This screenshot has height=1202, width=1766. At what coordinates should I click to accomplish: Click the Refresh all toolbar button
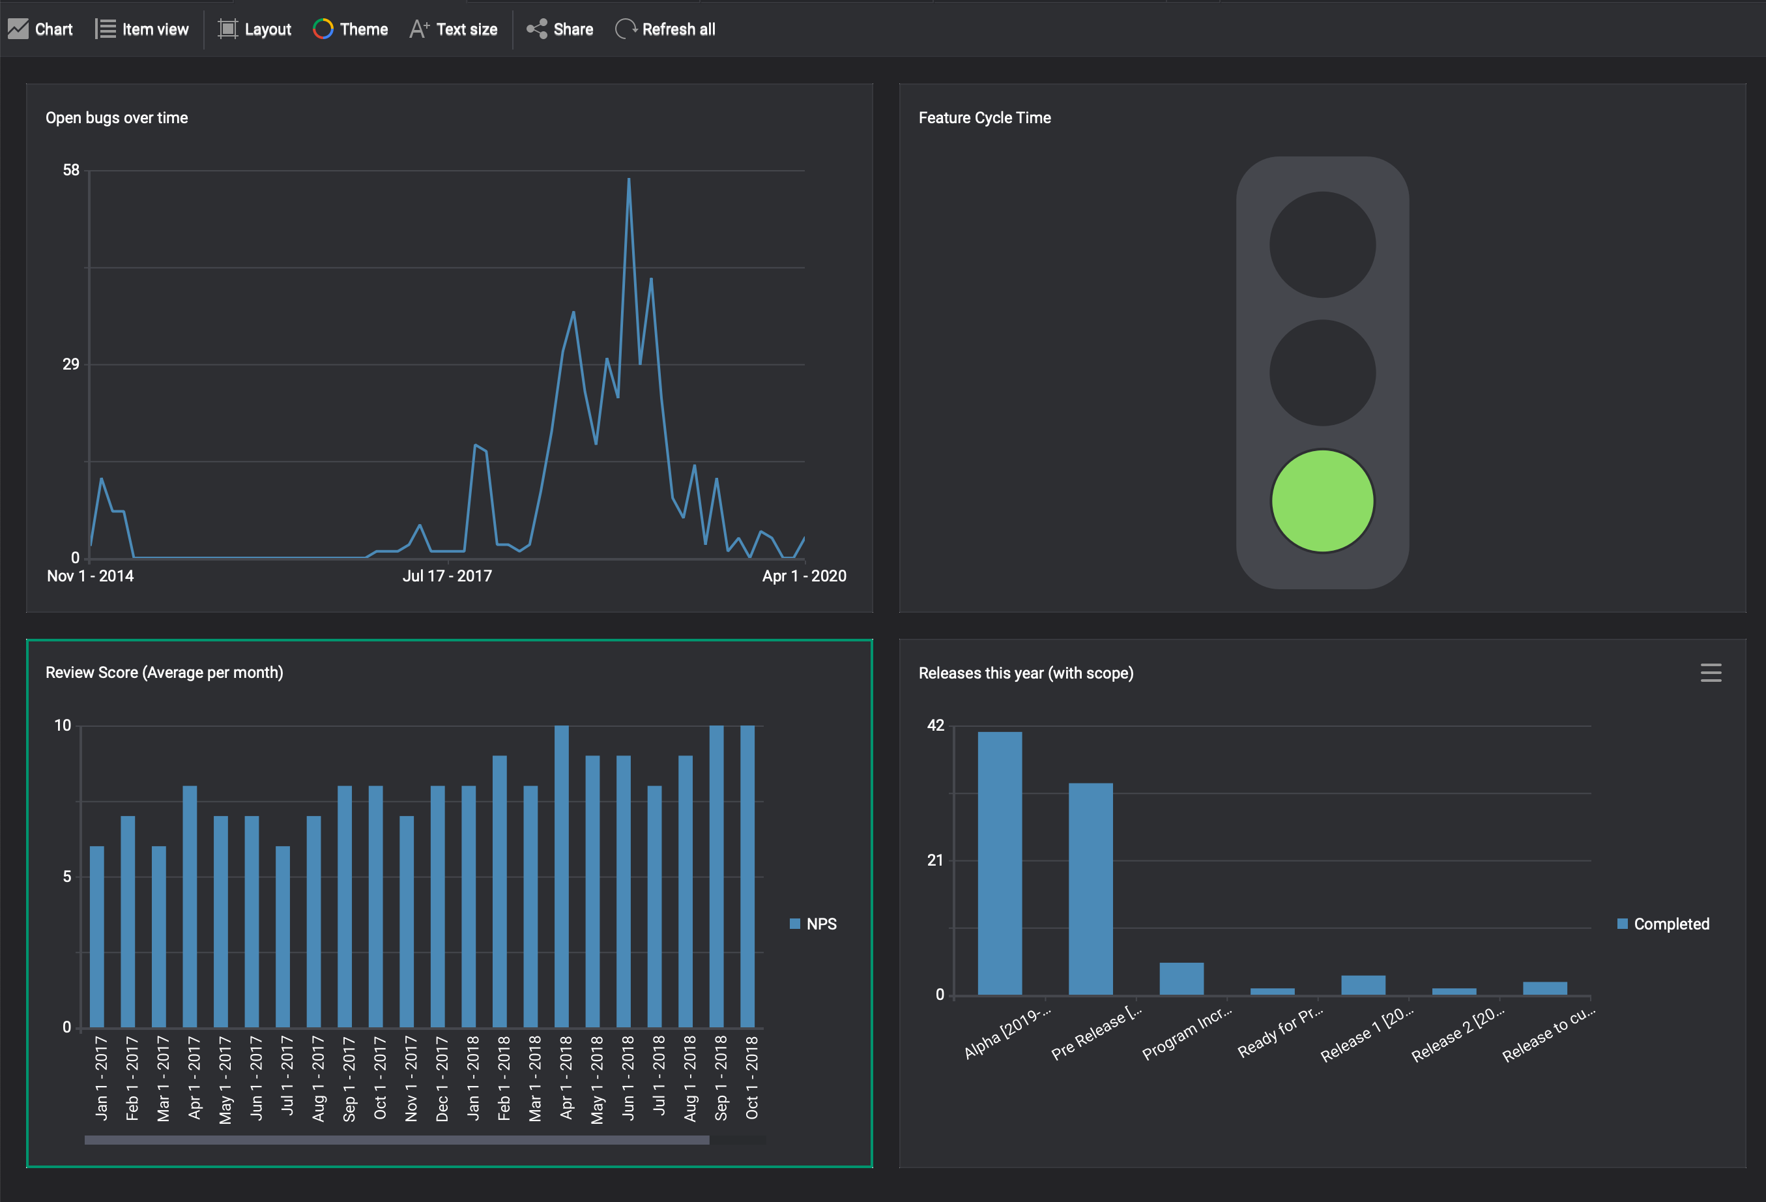[x=665, y=29]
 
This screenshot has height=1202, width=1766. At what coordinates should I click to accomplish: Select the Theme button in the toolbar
[x=351, y=29]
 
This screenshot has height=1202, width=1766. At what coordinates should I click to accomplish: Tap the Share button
[x=560, y=29]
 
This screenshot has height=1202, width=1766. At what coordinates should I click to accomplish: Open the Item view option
[x=142, y=29]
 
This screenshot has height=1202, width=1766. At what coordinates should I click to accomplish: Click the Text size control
[x=454, y=29]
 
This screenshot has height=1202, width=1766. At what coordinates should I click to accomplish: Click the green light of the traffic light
[x=1322, y=501]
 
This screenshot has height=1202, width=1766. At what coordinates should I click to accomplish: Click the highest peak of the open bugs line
[x=628, y=179]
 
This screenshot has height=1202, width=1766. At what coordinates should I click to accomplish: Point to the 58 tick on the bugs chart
[x=70, y=170]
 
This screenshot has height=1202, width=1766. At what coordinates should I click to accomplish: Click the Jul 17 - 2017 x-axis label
[x=447, y=576]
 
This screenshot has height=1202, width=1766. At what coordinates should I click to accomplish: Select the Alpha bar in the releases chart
[x=999, y=863]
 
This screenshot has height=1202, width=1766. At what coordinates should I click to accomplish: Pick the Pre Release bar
[x=1090, y=888]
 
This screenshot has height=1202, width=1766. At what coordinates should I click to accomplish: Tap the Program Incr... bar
[x=1181, y=978]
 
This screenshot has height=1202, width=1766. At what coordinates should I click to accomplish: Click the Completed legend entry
[x=1664, y=924]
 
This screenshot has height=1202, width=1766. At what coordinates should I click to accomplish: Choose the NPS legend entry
[x=813, y=924]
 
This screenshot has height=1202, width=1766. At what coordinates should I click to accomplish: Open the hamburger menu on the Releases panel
[x=1711, y=673]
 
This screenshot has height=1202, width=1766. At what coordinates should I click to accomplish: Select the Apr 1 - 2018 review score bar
[x=562, y=877]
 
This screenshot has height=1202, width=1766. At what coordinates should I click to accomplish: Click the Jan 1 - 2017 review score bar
[x=96, y=937]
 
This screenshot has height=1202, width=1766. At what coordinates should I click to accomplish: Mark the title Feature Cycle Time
[x=984, y=118]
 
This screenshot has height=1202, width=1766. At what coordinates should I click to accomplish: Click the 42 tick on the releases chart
[x=935, y=726]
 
